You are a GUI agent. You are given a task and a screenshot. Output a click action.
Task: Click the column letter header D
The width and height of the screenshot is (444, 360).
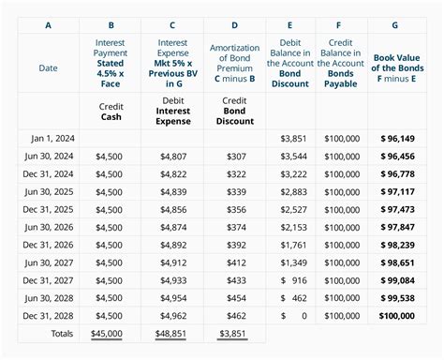[234, 25]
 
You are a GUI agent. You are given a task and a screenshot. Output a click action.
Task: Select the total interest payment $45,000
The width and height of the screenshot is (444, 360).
[112, 333]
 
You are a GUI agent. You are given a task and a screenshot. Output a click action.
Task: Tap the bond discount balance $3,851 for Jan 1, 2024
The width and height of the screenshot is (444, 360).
[293, 138]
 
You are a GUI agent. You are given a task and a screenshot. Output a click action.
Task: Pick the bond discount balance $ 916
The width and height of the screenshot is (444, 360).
[293, 279]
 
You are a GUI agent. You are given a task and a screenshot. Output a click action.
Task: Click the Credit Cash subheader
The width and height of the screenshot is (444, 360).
[111, 112]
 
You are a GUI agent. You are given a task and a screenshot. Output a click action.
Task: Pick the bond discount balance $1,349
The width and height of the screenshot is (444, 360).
[293, 262]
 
